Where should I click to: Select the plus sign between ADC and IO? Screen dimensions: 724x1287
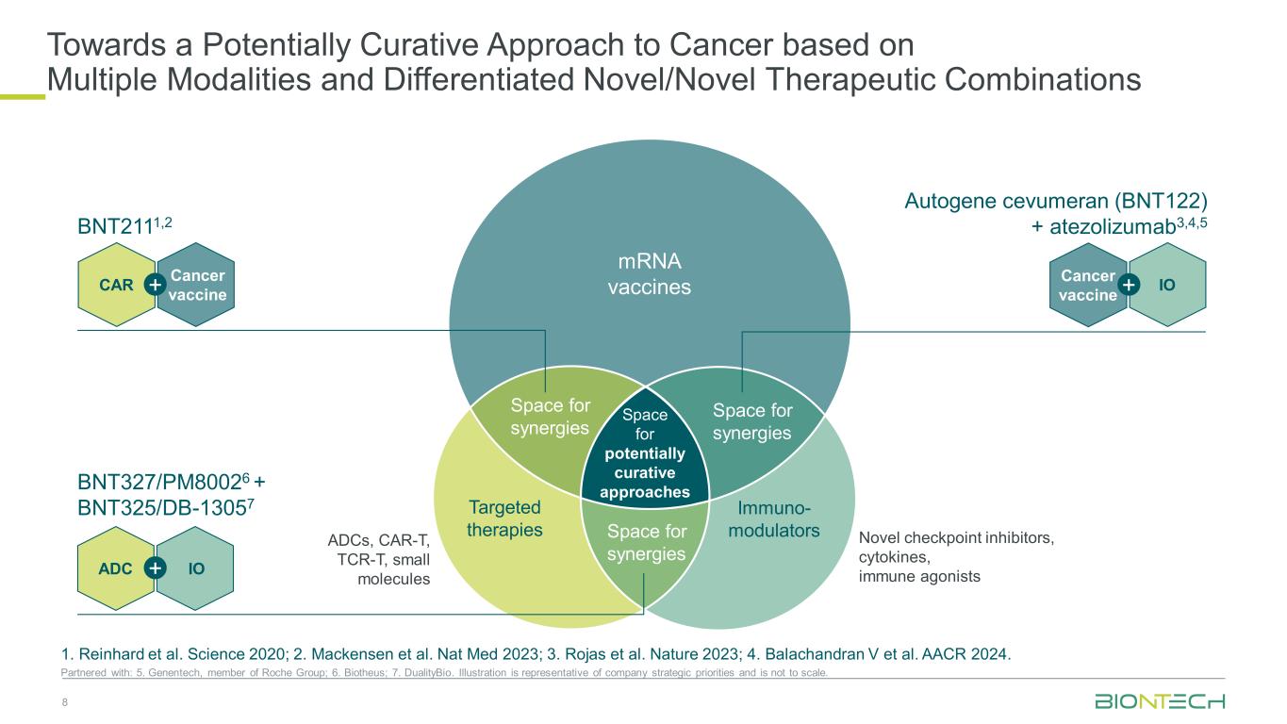pyautogui.click(x=156, y=568)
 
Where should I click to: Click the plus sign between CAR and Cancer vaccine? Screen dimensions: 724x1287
pyautogui.click(x=156, y=284)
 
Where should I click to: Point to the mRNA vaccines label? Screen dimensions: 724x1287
pyautogui.click(x=649, y=272)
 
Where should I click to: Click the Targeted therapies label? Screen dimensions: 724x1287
pyautogui.click(x=504, y=518)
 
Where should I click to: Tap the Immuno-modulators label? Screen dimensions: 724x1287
pyautogui.click(x=774, y=518)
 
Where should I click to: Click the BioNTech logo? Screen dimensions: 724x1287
pyautogui.click(x=1159, y=701)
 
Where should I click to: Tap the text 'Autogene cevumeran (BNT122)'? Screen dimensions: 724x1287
pyautogui.click(x=1056, y=201)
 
